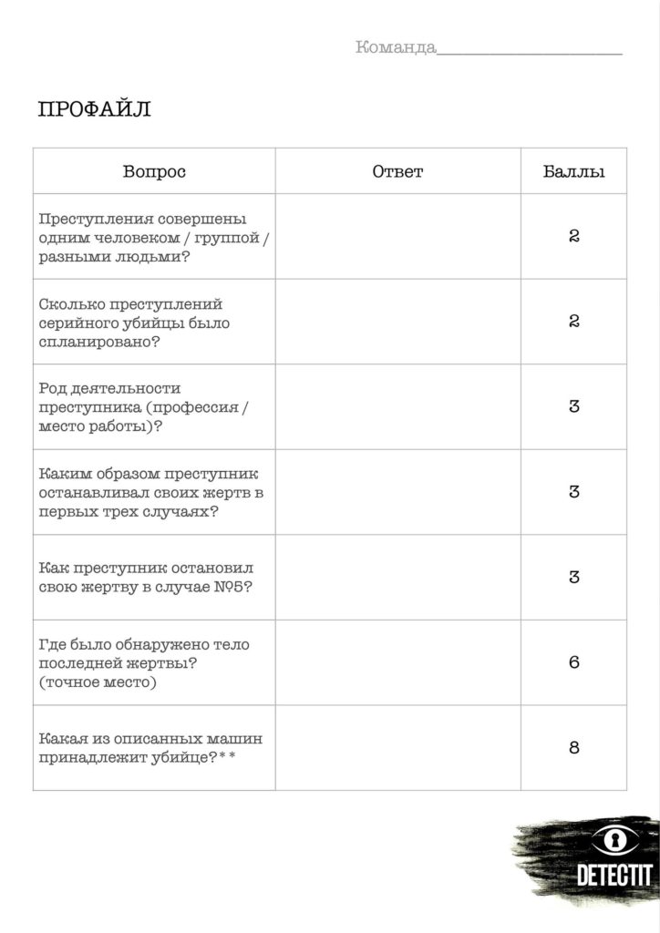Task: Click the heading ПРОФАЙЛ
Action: coord(94,110)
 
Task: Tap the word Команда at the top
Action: coord(396,47)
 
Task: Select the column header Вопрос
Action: coord(154,171)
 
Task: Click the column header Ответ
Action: coord(397,171)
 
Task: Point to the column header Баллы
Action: coord(573,171)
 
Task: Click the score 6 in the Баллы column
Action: coord(573,662)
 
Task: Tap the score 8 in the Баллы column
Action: coord(573,748)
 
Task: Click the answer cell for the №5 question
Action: coord(397,577)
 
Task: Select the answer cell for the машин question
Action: coord(397,748)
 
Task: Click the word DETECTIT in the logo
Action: coord(614,875)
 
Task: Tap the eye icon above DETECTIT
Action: coord(613,838)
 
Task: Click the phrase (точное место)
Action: coord(98,682)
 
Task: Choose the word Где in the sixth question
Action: coord(53,645)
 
